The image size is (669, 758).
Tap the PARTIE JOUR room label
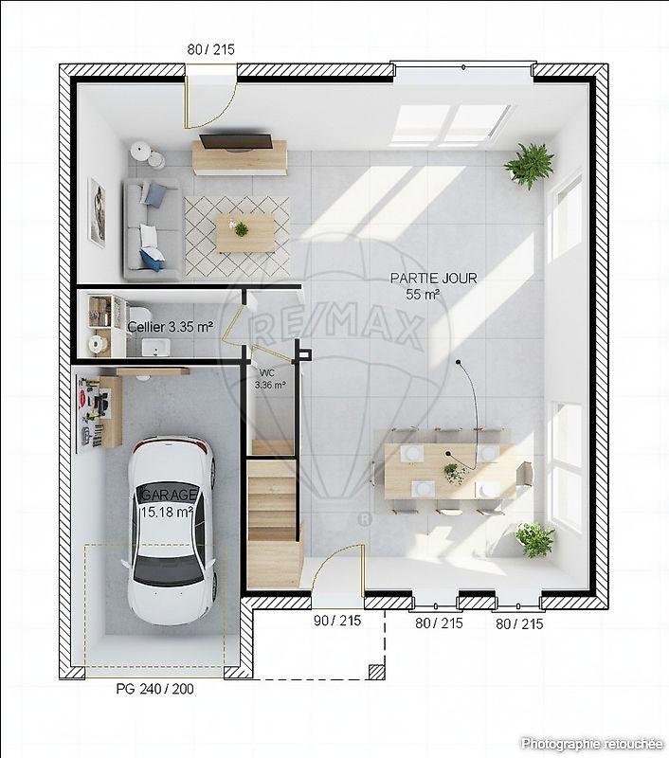pos(433,279)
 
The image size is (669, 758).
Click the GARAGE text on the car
pos(170,496)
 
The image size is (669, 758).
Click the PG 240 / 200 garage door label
pos(154,689)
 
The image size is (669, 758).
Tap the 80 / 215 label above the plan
pos(210,49)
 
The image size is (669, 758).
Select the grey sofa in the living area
pos(149,230)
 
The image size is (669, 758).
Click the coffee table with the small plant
pos(244,231)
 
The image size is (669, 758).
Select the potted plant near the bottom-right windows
pos(534,539)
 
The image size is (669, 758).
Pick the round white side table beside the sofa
pos(141,152)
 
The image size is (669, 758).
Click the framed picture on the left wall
pos(97,212)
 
